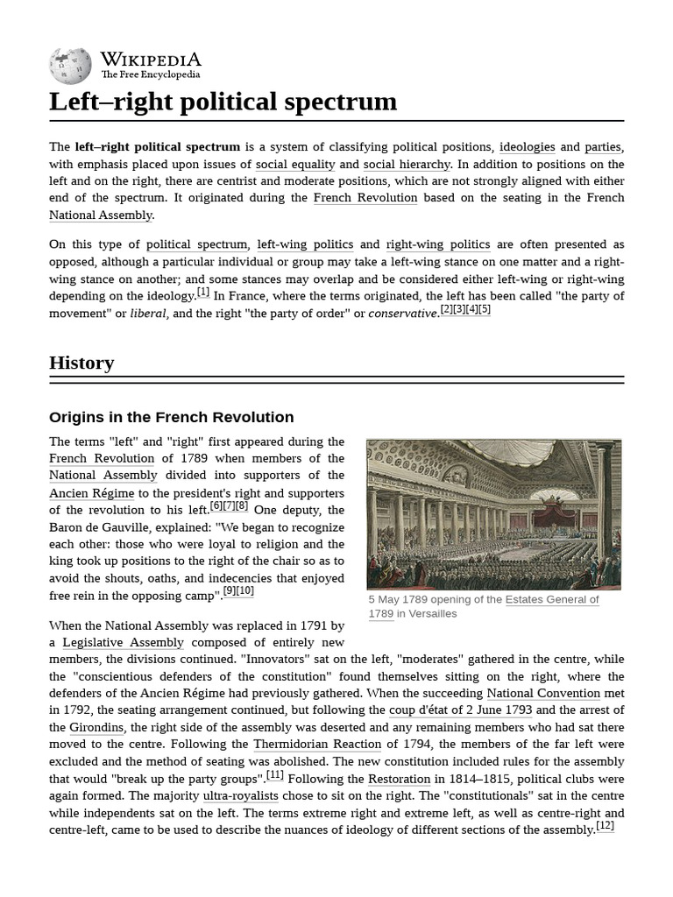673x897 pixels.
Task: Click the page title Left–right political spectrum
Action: (223, 102)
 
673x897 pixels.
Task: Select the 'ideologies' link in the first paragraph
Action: (527, 147)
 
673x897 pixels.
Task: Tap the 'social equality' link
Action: (295, 164)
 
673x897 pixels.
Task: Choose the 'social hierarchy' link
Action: (407, 164)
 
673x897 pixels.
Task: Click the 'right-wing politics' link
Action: (438, 244)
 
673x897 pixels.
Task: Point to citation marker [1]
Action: (203, 293)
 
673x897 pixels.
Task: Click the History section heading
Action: (81, 363)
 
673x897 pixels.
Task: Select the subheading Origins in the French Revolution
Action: (171, 417)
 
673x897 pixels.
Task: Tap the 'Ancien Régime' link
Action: (92, 492)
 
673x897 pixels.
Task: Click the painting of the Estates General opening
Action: (493, 513)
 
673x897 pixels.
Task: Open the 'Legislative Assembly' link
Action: (123, 642)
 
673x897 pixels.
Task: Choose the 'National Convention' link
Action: (543, 693)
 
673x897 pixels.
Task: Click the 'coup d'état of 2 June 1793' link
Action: (460, 710)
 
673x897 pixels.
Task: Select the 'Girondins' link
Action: (98, 727)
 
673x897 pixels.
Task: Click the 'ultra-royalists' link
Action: (240, 795)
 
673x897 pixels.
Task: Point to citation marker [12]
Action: (605, 826)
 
